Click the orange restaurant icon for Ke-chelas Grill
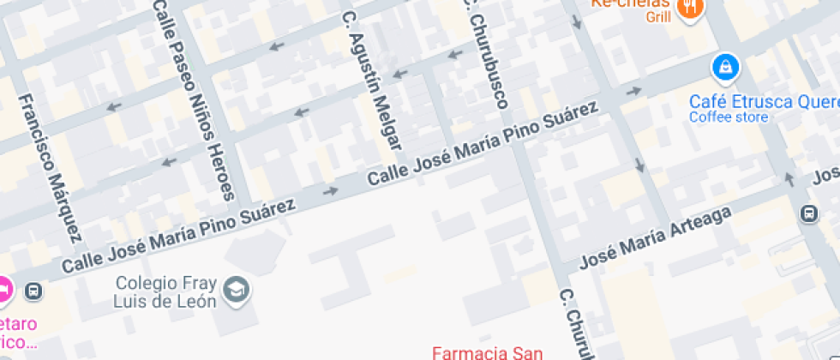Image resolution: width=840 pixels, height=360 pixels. tap(690, 9)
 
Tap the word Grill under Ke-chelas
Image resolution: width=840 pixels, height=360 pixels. tap(658, 16)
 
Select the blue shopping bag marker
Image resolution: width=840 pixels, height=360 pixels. tap(726, 65)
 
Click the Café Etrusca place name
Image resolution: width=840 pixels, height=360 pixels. tap(764, 101)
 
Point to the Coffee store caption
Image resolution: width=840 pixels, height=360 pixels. tap(729, 117)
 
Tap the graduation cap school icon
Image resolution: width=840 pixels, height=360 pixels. tap(236, 290)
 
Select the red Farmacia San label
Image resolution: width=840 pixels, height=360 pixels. tap(487, 351)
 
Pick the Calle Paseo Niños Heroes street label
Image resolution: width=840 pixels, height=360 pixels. tap(193, 99)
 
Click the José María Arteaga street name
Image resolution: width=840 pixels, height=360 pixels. tap(656, 237)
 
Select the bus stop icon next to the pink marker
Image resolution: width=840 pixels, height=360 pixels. tap(33, 291)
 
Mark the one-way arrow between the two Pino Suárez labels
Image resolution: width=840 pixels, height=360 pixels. tap(330, 190)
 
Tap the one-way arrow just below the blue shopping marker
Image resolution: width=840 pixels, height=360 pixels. tap(634, 91)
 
